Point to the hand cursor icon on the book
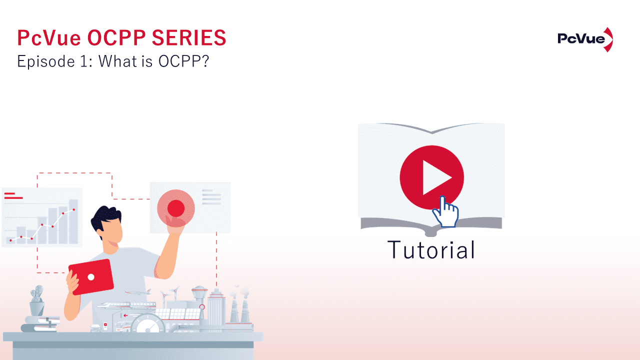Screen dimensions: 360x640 (445, 212)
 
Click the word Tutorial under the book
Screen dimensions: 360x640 (431, 250)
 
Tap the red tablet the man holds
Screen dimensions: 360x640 (91, 276)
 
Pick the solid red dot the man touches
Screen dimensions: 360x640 (175, 208)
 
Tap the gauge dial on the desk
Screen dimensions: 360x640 (148, 325)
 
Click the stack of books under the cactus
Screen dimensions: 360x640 (40, 323)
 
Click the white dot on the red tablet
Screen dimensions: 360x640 (91, 276)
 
